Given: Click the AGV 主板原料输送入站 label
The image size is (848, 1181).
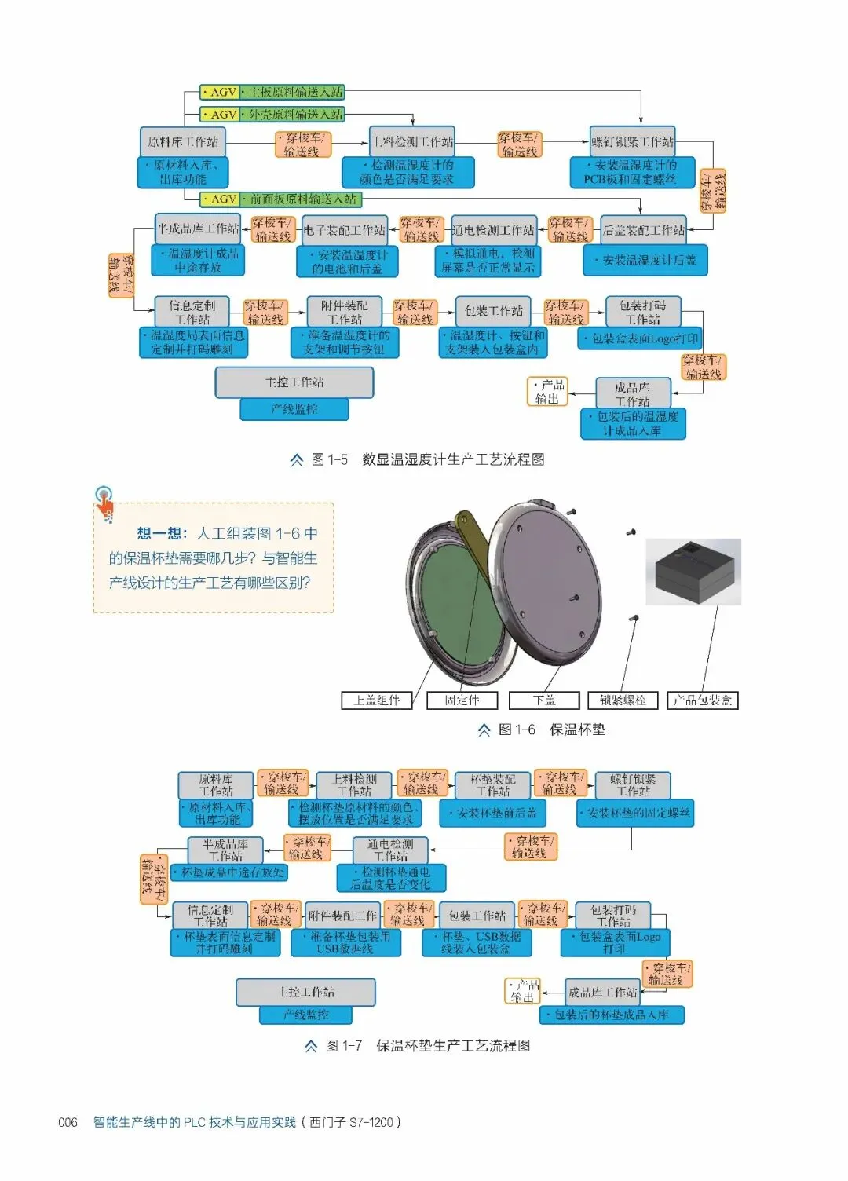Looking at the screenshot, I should point(272,93).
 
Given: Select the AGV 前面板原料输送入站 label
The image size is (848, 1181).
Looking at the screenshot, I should point(280,199).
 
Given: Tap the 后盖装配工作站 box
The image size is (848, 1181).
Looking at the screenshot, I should point(643,230).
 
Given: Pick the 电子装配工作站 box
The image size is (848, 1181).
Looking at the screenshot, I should point(345,230).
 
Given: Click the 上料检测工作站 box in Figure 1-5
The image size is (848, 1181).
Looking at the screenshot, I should point(412,142).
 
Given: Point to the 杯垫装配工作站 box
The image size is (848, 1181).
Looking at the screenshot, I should point(493,785).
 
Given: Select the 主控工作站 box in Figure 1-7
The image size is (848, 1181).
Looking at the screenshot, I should point(305,993).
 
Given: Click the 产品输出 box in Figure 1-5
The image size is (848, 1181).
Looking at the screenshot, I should point(547,392).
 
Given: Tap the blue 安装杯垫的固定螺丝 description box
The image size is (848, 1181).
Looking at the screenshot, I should point(635,813).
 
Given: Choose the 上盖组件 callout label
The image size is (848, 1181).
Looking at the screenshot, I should point(377,700).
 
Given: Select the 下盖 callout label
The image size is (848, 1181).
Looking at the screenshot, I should point(544,700).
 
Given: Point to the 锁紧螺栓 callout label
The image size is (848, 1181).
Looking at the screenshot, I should point(623,700).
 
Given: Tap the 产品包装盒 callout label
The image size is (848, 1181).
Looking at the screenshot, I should point(703,700).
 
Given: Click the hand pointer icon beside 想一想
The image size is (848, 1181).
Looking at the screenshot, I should point(104,503).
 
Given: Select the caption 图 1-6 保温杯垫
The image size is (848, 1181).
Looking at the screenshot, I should point(542,729).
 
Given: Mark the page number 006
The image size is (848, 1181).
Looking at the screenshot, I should point(68,1122).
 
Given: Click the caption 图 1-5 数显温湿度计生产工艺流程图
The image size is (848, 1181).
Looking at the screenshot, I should point(418,459).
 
